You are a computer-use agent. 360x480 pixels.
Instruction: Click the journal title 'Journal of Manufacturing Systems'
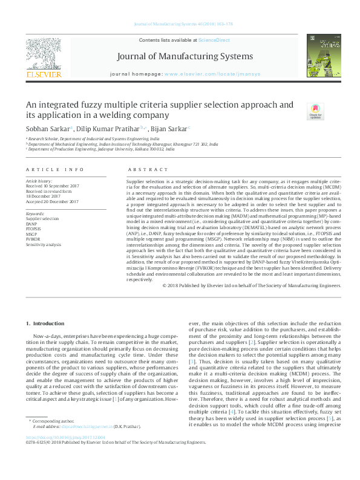click(180, 57)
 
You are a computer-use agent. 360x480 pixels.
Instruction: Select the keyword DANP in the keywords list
click(31, 224)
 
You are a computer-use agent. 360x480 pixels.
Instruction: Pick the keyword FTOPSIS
click(34, 229)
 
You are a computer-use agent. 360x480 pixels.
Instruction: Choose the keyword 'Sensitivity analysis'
click(43, 245)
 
